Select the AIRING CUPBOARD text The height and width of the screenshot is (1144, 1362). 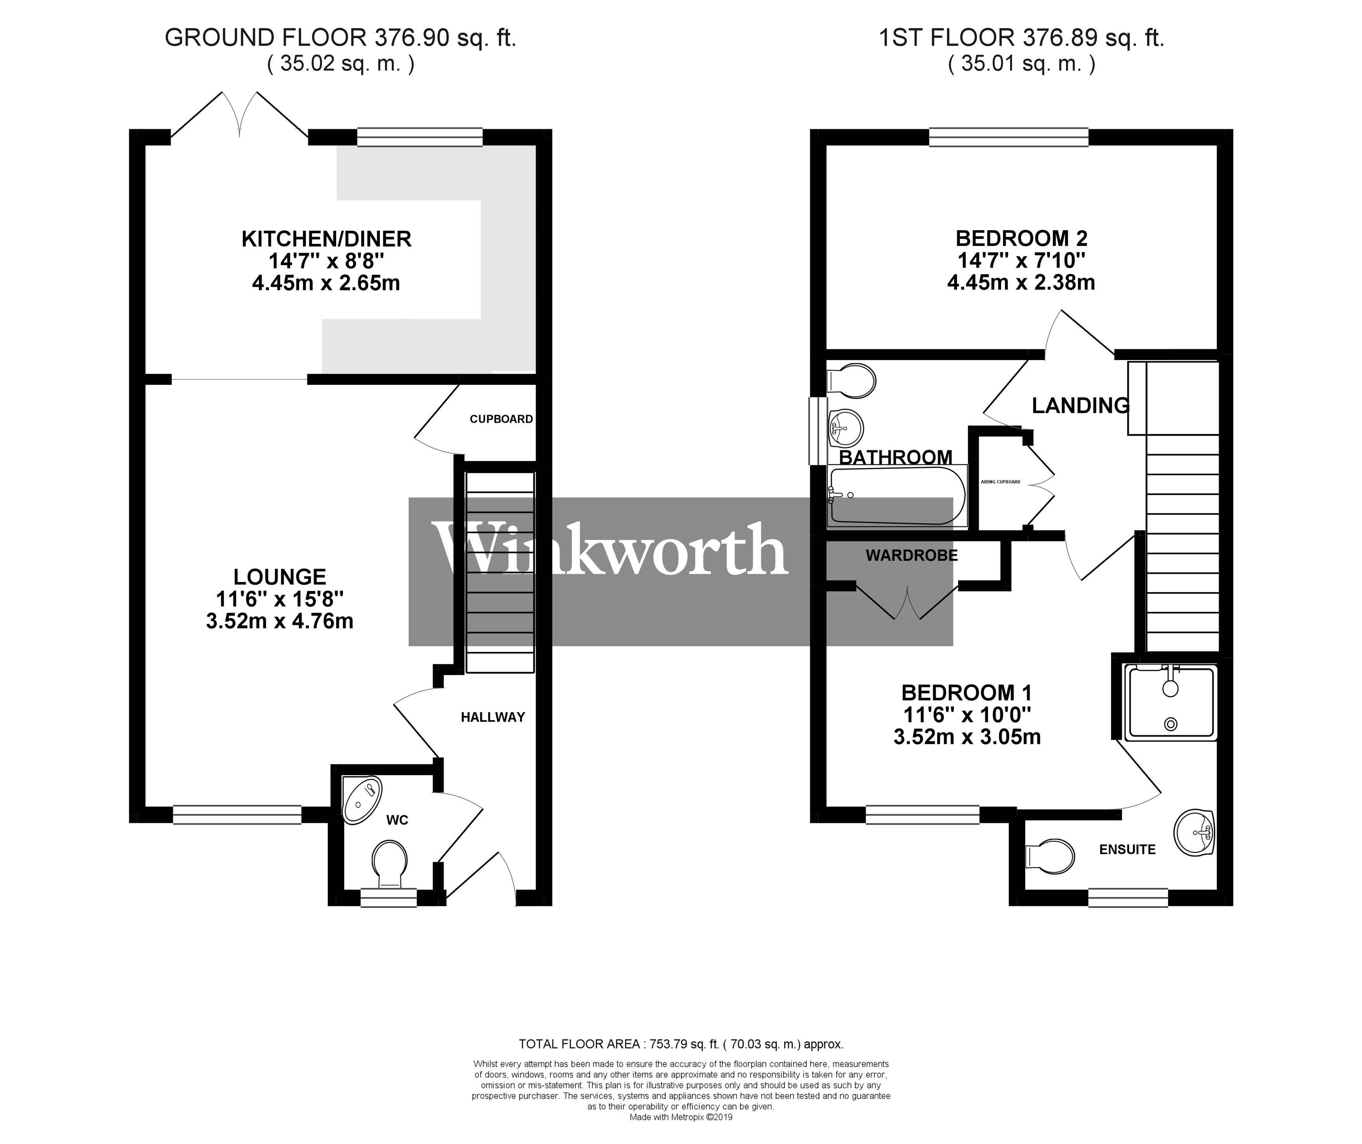[x=1000, y=482]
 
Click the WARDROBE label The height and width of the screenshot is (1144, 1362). [x=911, y=555]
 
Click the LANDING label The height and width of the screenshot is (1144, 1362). [x=1080, y=405]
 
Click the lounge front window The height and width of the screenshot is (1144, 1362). [x=237, y=815]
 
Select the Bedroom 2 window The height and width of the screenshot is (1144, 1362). [x=1008, y=137]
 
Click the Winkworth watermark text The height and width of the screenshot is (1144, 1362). [x=610, y=550]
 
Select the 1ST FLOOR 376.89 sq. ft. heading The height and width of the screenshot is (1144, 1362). [x=1022, y=38]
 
